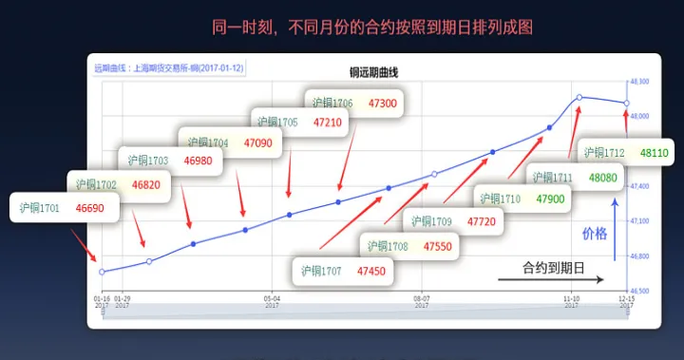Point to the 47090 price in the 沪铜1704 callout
click(x=257, y=143)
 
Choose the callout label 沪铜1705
click(x=276, y=123)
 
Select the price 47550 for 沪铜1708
click(x=438, y=247)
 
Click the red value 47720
click(x=481, y=222)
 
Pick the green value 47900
click(x=550, y=199)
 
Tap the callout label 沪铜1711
click(x=552, y=178)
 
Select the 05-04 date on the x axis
click(x=271, y=297)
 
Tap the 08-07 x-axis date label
click(x=423, y=297)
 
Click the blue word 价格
click(x=594, y=233)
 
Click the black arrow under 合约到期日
click(x=550, y=280)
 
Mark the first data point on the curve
click(x=102, y=272)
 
